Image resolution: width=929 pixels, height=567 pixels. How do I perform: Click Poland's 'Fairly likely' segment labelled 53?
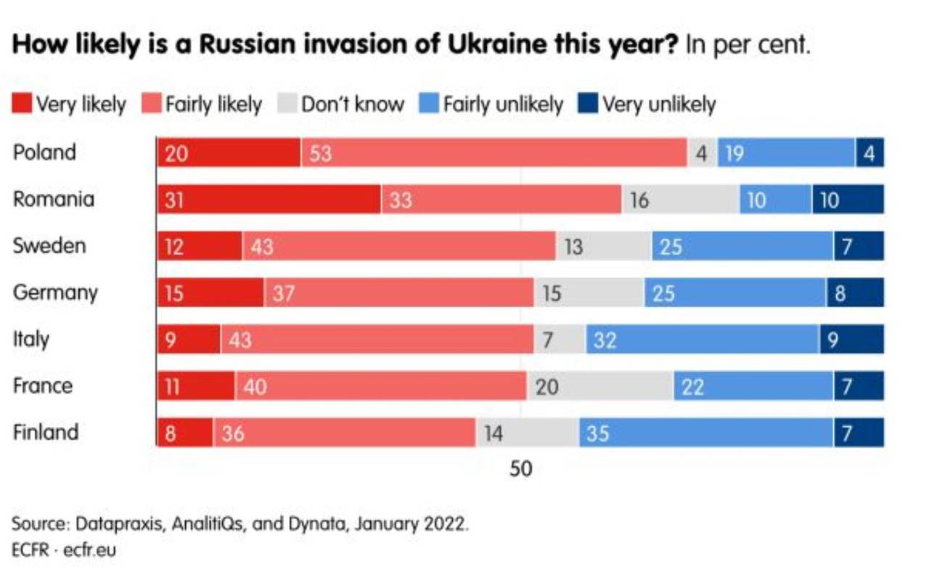pyautogui.click(x=494, y=152)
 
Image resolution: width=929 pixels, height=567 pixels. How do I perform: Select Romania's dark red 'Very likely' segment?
pyautogui.click(x=269, y=200)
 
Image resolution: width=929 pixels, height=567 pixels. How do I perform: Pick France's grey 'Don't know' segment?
pyautogui.click(x=599, y=386)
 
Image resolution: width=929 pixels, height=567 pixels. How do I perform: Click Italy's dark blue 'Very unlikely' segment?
pyautogui.click(x=851, y=339)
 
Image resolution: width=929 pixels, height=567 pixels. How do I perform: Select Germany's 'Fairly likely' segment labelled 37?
pyautogui.click(x=399, y=293)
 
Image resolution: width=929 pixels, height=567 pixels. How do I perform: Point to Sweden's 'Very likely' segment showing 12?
pyautogui.click(x=200, y=246)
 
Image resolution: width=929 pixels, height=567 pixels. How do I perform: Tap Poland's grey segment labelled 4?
pyautogui.click(x=702, y=152)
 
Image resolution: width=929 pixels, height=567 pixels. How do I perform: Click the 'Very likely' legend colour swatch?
pyautogui.click(x=22, y=105)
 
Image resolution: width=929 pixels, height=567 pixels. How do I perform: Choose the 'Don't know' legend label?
pyautogui.click(x=352, y=105)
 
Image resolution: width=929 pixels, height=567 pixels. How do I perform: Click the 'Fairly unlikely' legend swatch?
pyautogui.click(x=429, y=105)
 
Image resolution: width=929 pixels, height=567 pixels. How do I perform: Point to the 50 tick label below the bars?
pyautogui.click(x=520, y=469)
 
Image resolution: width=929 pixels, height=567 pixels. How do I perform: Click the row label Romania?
pyautogui.click(x=53, y=199)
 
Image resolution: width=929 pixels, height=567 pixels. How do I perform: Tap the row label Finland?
pyautogui.click(x=45, y=432)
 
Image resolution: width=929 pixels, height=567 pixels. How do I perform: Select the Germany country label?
pyautogui.click(x=54, y=293)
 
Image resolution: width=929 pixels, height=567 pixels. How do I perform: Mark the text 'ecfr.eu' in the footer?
pyautogui.click(x=90, y=549)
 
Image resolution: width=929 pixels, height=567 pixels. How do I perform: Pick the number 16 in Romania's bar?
pyautogui.click(x=639, y=200)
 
